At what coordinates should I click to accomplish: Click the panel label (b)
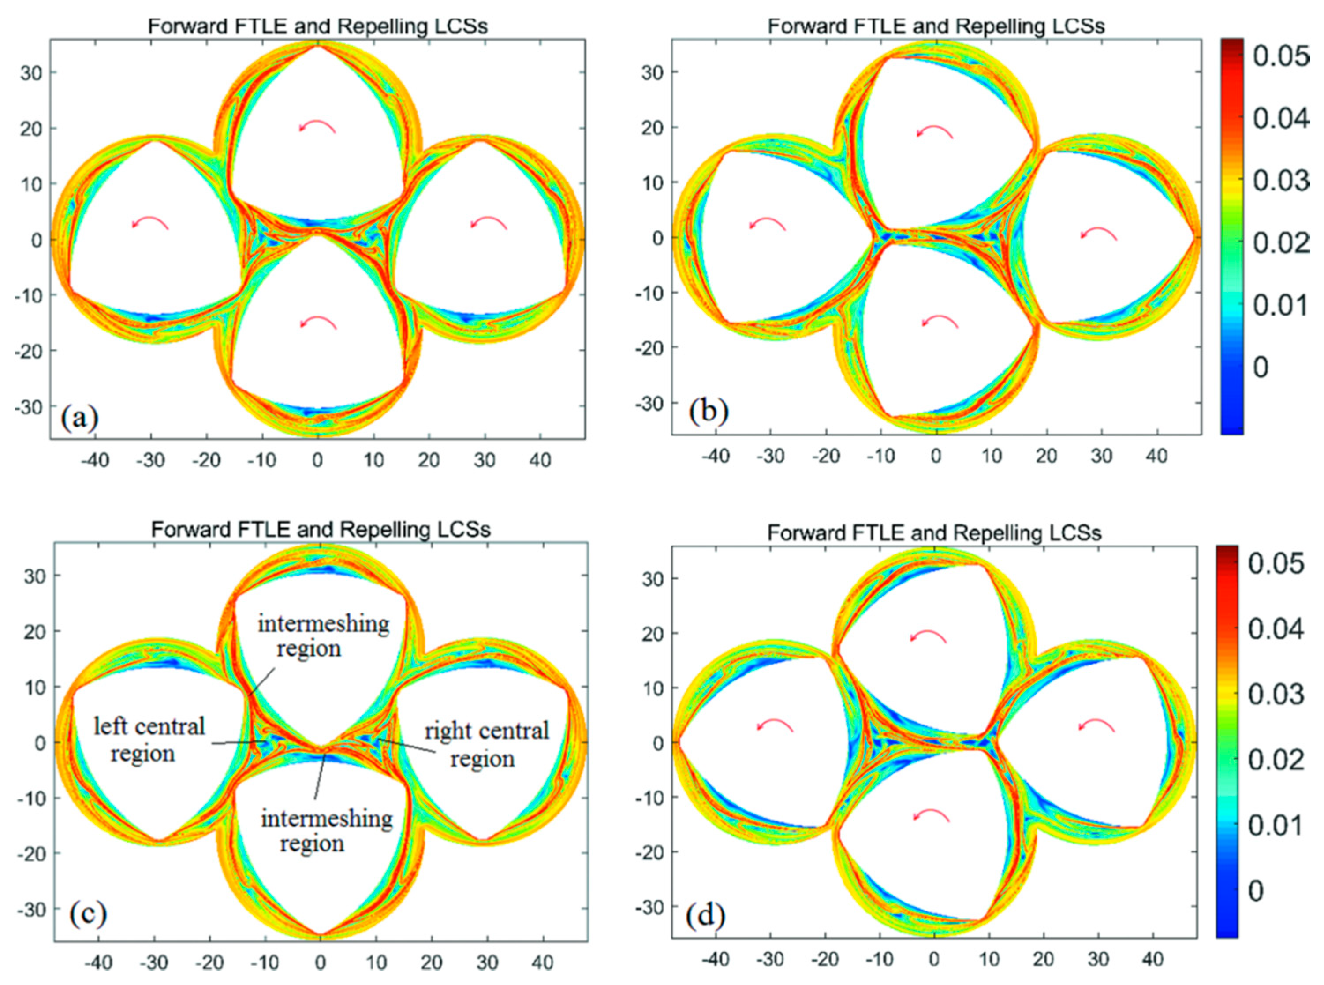click(x=708, y=412)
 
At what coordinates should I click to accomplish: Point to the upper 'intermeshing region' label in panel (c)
click(x=323, y=636)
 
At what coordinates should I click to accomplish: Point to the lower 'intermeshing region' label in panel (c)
click(x=326, y=831)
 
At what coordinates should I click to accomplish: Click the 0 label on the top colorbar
click(x=1260, y=367)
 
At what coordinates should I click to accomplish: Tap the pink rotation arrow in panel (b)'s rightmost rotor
click(x=1099, y=233)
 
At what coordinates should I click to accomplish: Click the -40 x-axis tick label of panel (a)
click(x=95, y=460)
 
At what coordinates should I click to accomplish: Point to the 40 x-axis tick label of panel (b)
click(x=1156, y=456)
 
